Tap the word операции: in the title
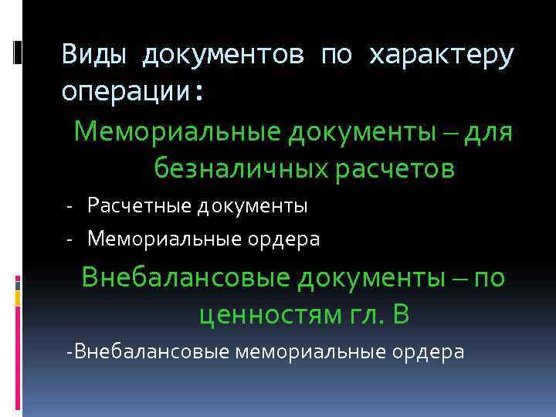(x=134, y=93)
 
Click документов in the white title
(x=221, y=55)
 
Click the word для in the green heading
(x=490, y=132)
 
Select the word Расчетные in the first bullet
(x=138, y=206)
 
